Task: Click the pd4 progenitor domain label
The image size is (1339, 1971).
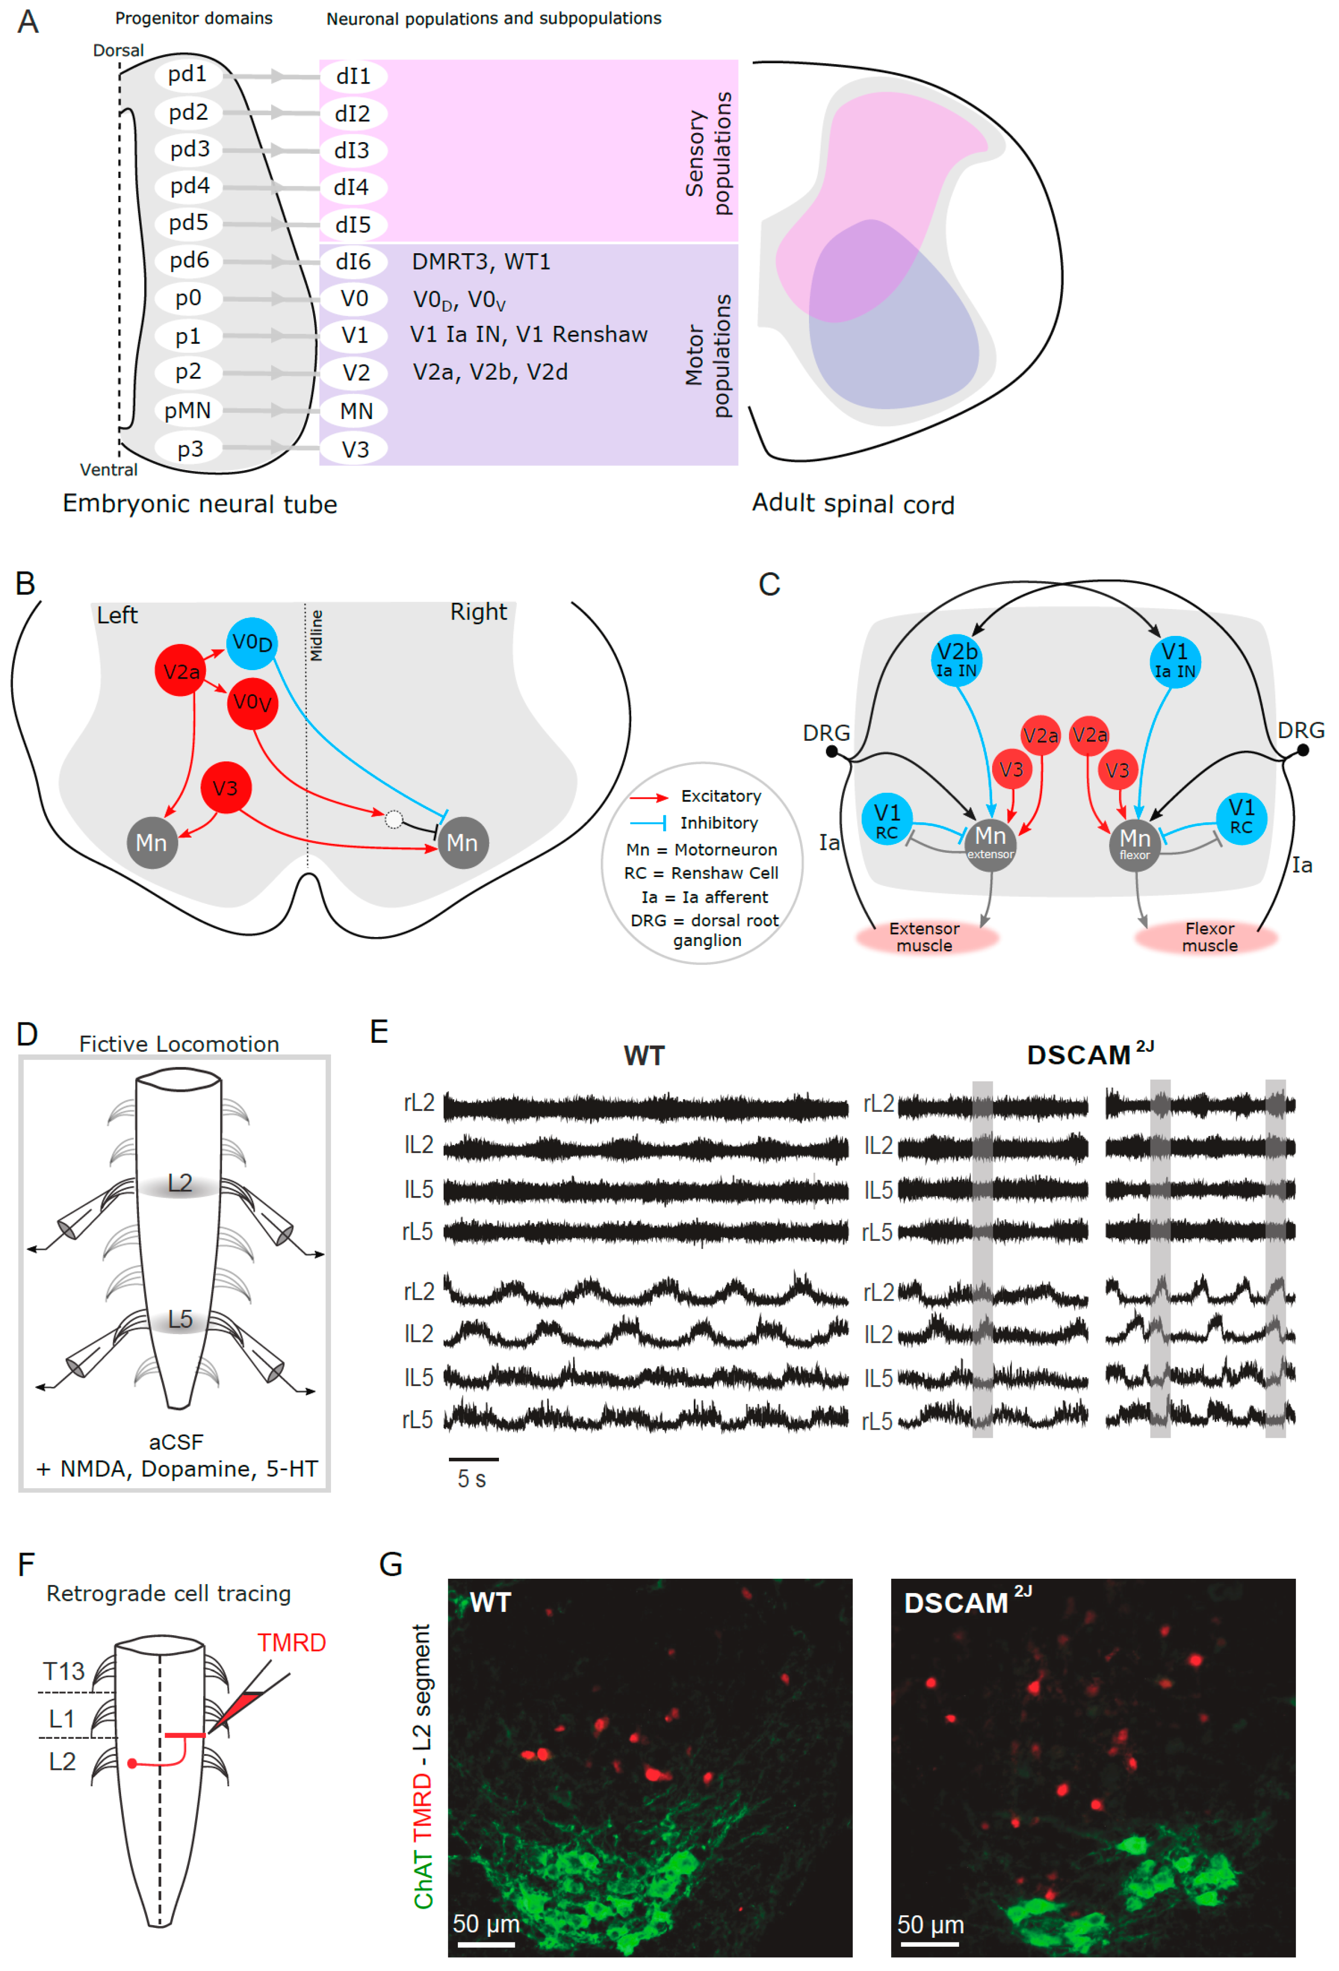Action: coord(189,186)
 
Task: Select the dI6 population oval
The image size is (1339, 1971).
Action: coord(353,261)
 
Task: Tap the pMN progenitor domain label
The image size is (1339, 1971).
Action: coord(187,411)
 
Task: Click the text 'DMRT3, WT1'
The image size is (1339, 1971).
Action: coord(481,261)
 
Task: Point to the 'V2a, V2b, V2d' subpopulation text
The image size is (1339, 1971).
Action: coord(490,372)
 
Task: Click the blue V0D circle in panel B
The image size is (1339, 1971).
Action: coord(252,643)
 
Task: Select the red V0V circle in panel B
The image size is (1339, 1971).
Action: coord(253,702)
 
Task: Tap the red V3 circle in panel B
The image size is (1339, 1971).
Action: coord(225,788)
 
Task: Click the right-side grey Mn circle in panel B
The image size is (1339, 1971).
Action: coord(462,842)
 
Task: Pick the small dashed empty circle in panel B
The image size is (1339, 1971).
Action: coord(394,819)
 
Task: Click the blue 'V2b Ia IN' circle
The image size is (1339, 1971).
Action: coord(956,660)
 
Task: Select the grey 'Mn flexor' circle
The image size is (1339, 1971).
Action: coord(1135,844)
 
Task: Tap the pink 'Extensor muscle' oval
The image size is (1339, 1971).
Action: coord(925,937)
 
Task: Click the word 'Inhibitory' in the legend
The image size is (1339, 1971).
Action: coord(719,823)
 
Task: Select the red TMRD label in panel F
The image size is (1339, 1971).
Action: coord(292,1643)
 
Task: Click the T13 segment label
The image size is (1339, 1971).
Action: coord(64,1671)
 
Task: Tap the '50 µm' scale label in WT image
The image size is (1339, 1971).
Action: coord(486,1924)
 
